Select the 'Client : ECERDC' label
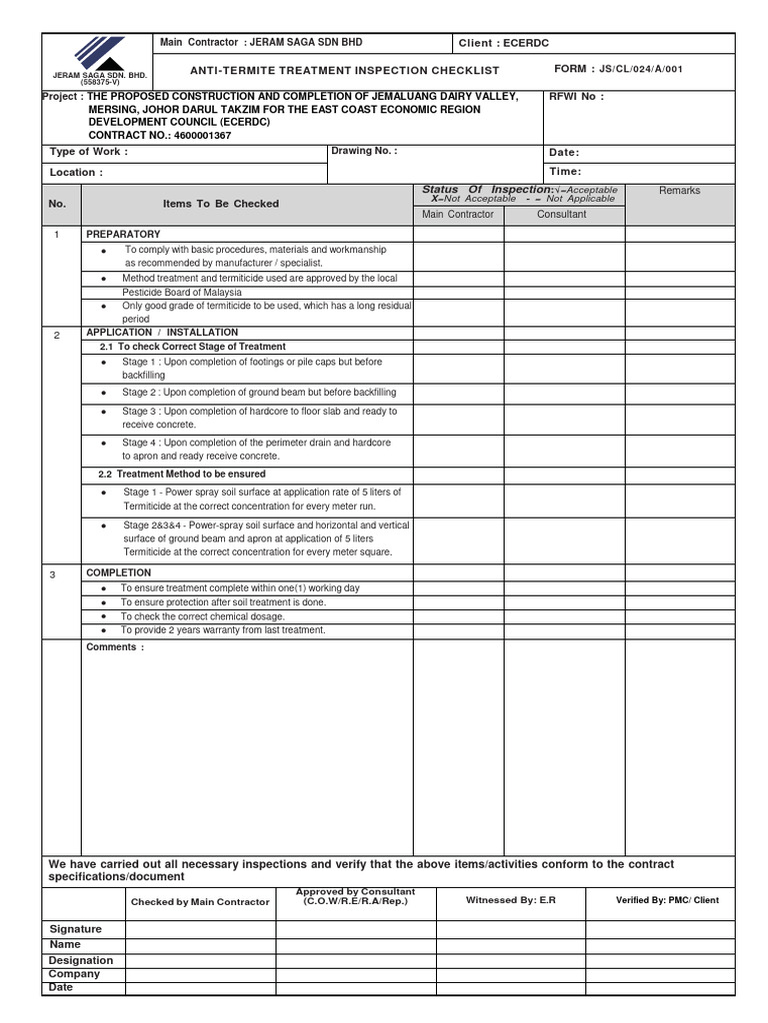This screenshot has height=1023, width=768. (x=504, y=43)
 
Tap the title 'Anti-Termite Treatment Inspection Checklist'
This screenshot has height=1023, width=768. (x=345, y=71)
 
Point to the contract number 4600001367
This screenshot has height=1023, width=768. (x=201, y=135)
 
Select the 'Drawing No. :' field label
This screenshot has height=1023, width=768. (x=364, y=151)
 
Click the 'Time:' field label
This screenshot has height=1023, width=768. (x=565, y=172)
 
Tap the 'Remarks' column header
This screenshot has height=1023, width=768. (x=679, y=191)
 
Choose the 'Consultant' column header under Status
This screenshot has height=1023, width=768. (x=562, y=215)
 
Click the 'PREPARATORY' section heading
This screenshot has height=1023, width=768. (x=123, y=234)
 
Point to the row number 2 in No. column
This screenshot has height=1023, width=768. (x=58, y=336)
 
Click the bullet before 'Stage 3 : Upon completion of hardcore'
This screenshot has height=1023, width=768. (x=104, y=412)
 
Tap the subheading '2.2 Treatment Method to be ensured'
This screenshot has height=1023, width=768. (x=182, y=475)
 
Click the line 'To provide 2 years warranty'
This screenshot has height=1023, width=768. (x=222, y=630)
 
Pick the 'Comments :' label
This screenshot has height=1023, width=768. (x=115, y=647)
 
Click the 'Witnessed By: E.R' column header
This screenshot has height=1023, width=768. (x=510, y=900)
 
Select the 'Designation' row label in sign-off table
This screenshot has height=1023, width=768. (x=81, y=960)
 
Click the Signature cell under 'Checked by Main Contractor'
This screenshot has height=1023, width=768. (x=200, y=930)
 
